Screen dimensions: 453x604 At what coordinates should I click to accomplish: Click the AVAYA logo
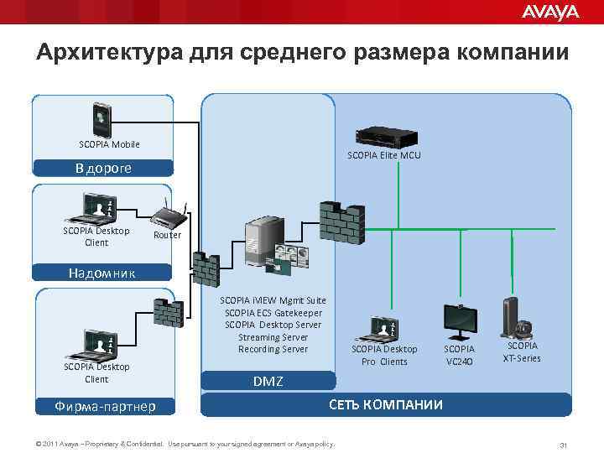coord(550,12)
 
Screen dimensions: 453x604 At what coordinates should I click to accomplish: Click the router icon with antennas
coord(170,216)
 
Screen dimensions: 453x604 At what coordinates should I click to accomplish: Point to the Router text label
coord(167,236)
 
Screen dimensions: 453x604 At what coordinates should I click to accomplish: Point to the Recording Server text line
coord(273,349)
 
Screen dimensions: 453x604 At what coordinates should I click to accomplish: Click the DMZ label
coord(268,382)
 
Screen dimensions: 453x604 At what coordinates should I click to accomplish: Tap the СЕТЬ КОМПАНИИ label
coord(385,405)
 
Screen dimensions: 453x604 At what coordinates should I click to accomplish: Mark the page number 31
coord(564,444)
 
